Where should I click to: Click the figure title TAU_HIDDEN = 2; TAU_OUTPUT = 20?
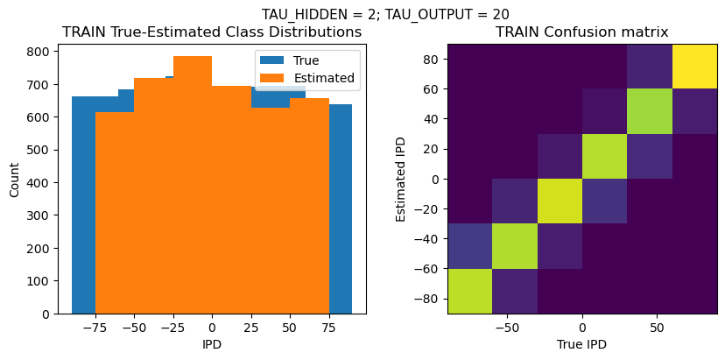[x=385, y=14]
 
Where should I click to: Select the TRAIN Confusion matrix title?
[x=581, y=32]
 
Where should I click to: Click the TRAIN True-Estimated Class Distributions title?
[x=212, y=32]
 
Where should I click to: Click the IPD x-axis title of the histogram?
[x=212, y=344]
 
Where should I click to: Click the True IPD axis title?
[x=581, y=344]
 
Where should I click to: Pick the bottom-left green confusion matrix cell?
[x=469, y=291]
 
